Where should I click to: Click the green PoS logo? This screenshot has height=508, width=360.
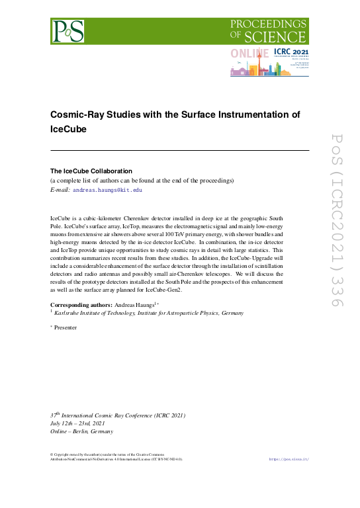pyautogui.click(x=69, y=30)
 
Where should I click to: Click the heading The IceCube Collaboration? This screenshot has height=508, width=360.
pyautogui.click(x=91, y=171)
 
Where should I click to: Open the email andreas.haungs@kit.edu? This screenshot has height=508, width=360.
pyautogui.click(x=107, y=189)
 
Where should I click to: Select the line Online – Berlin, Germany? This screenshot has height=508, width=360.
pyautogui.click(x=82, y=431)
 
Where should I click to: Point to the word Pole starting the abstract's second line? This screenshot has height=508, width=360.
pyautogui.click(x=57, y=226)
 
